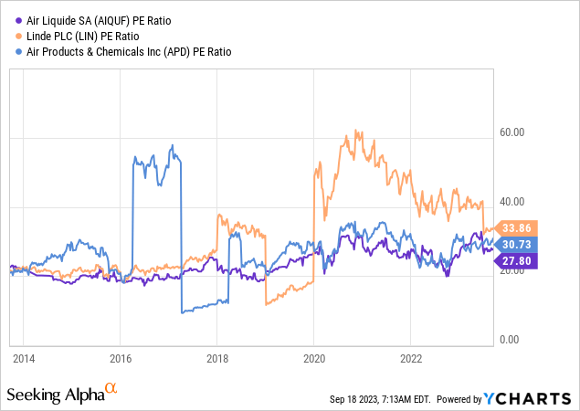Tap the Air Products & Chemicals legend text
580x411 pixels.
[125, 52]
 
